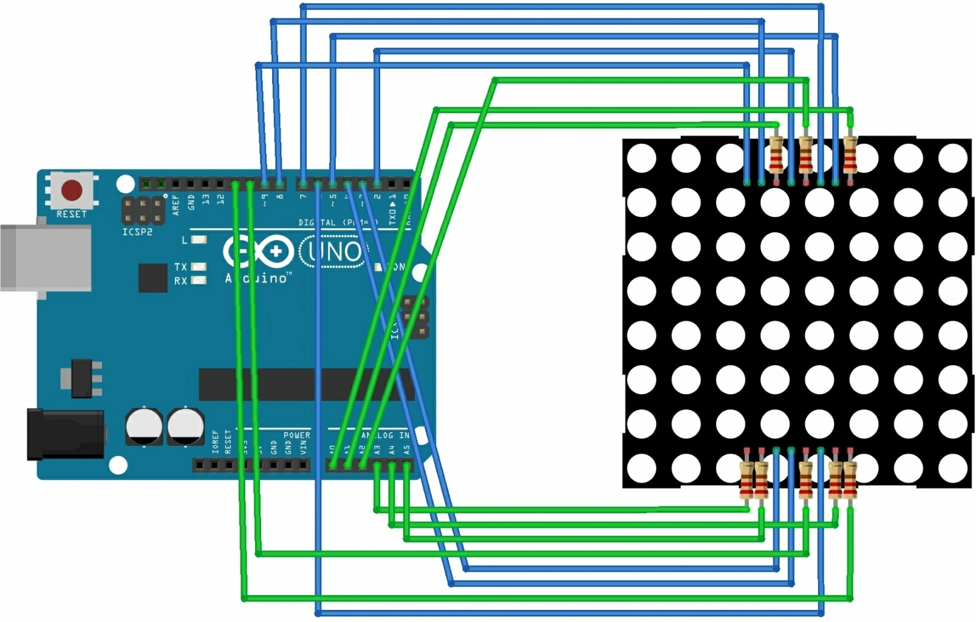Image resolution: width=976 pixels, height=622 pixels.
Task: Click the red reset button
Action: (x=72, y=190)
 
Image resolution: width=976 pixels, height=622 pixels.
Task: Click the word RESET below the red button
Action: (x=72, y=214)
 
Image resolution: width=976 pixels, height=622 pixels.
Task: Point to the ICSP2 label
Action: (x=137, y=232)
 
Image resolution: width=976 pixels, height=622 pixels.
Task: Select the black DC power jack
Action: (x=64, y=434)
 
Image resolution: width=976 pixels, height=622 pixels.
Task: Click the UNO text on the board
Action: (x=334, y=251)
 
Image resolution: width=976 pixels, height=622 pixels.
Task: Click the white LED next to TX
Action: (x=199, y=267)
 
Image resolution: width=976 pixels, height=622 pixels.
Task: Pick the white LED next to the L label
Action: (x=199, y=240)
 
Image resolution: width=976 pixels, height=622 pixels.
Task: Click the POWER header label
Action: (x=296, y=435)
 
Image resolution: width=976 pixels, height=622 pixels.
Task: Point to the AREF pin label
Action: (x=176, y=204)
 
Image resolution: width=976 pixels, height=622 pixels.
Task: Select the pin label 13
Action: (x=206, y=199)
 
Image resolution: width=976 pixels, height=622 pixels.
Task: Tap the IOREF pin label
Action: (x=215, y=442)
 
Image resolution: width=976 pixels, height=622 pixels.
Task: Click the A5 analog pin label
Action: (x=406, y=450)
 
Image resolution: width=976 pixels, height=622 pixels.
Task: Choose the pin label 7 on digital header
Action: (x=302, y=197)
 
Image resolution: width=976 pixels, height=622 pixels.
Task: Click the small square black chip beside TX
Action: (x=152, y=278)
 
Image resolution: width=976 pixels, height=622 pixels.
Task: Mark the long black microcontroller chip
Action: (x=304, y=384)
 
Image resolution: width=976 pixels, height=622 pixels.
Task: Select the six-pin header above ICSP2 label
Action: (x=143, y=210)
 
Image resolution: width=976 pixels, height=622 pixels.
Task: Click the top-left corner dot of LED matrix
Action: (x=641, y=159)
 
